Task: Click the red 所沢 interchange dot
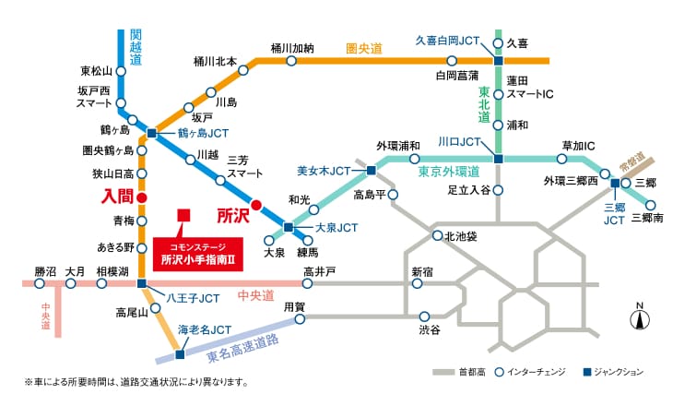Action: tap(256, 206)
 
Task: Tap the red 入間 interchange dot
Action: tap(142, 197)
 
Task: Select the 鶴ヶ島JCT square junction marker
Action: tap(151, 133)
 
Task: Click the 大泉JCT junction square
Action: tap(289, 227)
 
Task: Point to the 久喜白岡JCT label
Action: tap(447, 41)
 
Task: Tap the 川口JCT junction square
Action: tap(499, 159)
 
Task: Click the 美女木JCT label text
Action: tap(324, 171)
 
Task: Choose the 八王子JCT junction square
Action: tap(142, 283)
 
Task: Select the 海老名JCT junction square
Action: tap(180, 354)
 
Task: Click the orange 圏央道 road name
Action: tap(364, 49)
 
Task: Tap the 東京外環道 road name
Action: tap(449, 172)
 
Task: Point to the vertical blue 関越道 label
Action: tap(136, 47)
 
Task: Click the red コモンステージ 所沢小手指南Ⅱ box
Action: tap(198, 255)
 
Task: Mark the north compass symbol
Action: tap(640, 317)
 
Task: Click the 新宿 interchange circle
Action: tap(417, 283)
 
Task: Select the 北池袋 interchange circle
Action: tap(437, 235)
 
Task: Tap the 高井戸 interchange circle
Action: tap(307, 283)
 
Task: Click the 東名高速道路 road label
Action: tap(243, 349)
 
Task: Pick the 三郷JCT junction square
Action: tap(615, 183)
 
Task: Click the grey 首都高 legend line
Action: tap(443, 372)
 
